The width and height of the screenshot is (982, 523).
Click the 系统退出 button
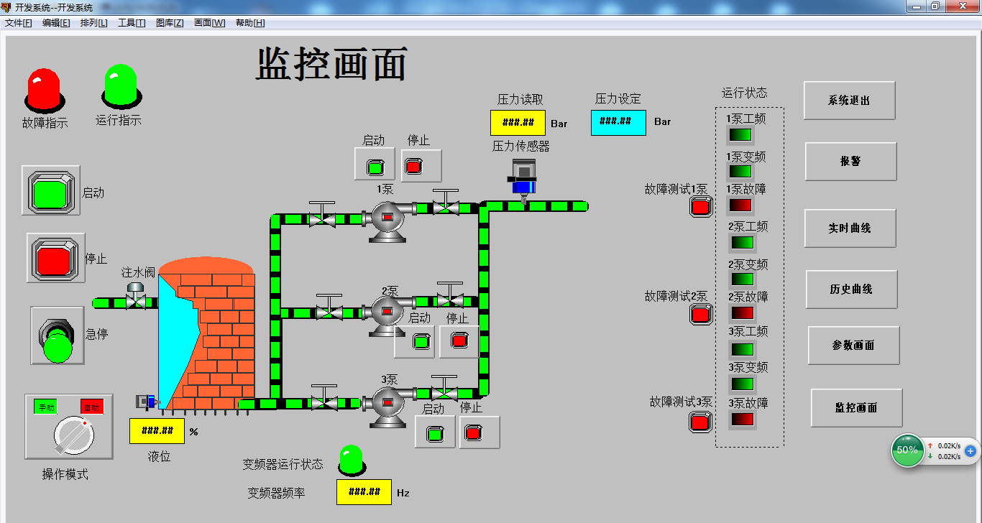849,101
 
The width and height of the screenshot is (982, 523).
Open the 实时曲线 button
850,228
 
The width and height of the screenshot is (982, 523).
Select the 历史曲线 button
851,289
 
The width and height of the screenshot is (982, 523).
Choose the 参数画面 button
853,346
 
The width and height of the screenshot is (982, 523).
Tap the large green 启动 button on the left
50,193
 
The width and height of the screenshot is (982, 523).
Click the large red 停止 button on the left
55,257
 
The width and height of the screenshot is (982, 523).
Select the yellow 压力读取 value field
518,123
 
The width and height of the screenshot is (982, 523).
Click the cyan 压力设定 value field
618,122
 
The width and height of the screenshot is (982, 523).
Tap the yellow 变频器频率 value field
364,492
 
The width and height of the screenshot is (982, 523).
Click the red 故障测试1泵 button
701,207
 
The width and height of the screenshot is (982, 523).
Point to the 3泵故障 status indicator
741,419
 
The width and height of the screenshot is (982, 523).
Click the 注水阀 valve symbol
134,297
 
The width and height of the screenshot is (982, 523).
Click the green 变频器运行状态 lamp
351,460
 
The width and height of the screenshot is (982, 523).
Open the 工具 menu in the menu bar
131,23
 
